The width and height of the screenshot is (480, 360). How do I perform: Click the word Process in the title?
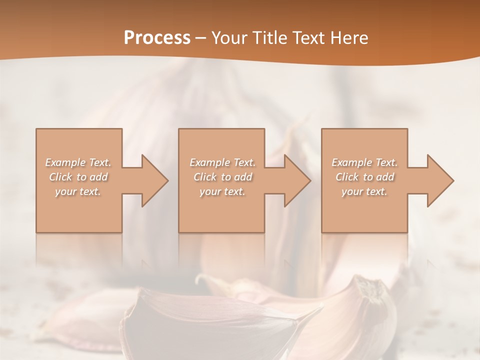click(x=157, y=37)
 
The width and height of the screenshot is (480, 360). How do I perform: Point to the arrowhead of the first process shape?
click(x=154, y=180)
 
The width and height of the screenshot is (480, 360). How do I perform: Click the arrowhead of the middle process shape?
click(x=297, y=180)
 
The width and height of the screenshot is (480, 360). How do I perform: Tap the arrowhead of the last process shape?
click(x=440, y=180)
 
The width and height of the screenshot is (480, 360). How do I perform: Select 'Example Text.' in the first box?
click(x=78, y=162)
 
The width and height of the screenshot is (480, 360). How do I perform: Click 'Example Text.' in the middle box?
click(x=222, y=162)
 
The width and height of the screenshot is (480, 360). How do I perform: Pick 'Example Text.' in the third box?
click(x=364, y=162)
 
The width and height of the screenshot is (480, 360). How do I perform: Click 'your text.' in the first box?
click(x=78, y=191)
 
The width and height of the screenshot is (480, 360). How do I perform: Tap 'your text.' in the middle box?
click(x=222, y=191)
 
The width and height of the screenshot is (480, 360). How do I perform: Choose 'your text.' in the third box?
click(x=364, y=191)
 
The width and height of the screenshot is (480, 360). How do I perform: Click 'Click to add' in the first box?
click(x=78, y=177)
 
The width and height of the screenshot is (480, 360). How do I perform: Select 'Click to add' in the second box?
click(x=222, y=177)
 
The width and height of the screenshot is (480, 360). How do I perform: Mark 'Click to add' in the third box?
click(x=364, y=177)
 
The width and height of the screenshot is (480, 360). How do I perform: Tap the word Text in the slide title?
click(x=311, y=37)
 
